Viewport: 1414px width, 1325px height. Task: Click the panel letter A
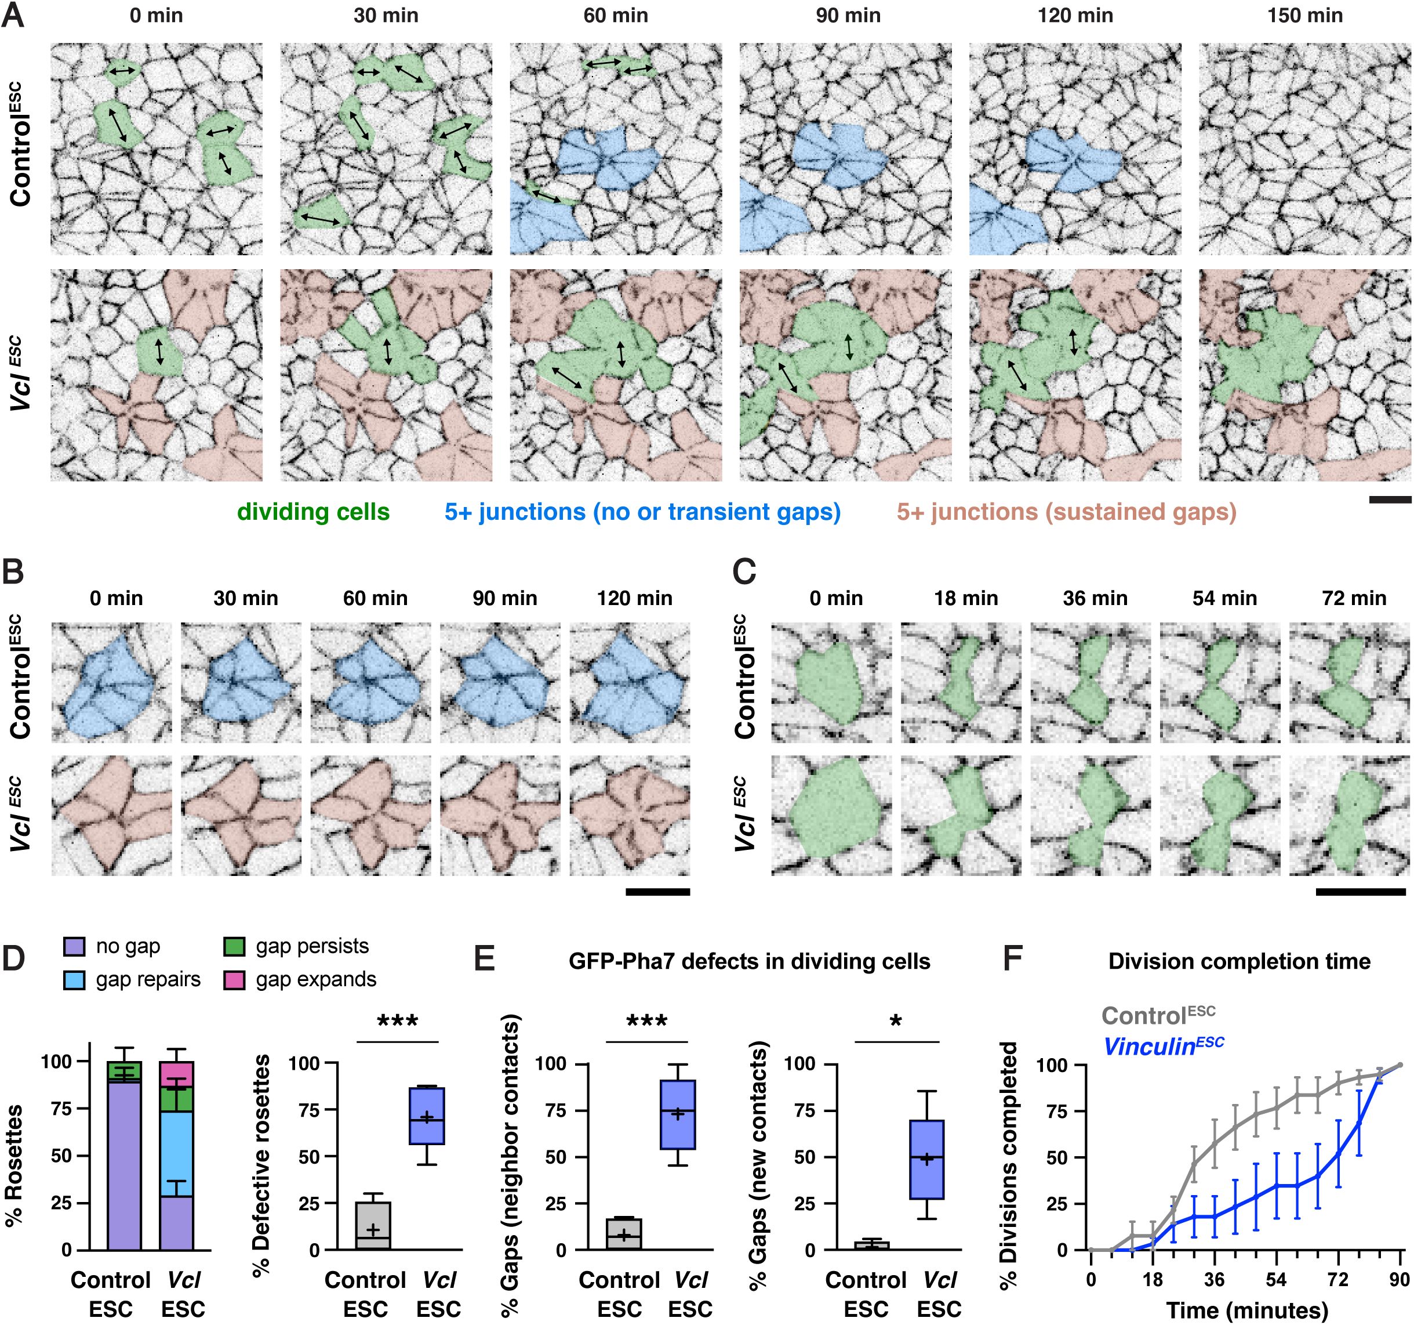[14, 16]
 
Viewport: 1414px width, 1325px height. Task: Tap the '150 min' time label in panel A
[1304, 16]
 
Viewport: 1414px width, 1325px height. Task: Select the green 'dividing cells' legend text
[313, 512]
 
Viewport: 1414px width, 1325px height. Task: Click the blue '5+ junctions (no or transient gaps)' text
[642, 512]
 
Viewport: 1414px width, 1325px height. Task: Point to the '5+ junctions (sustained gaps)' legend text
[1066, 512]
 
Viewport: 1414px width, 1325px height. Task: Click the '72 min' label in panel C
[1354, 599]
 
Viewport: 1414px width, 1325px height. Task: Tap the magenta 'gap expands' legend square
[235, 980]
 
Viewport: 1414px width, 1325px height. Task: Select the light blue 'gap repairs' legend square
[75, 980]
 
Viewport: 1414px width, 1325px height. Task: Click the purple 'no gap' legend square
[75, 946]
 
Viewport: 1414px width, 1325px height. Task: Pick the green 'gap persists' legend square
[235, 946]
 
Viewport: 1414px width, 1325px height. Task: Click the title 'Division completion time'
[1239, 961]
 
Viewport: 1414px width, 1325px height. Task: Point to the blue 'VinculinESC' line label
[1163, 1046]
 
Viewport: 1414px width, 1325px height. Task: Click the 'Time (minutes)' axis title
[1247, 1309]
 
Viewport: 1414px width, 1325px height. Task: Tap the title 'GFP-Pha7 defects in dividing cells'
[749, 961]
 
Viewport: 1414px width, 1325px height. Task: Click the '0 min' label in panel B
[116, 599]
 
